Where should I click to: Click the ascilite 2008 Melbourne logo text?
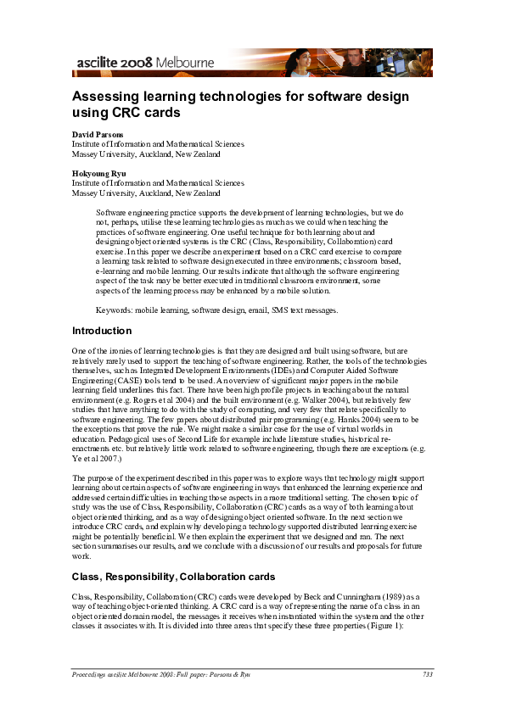(144, 63)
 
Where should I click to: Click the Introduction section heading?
(102, 331)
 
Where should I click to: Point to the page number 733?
(427, 674)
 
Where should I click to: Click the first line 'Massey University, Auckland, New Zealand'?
(146, 154)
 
